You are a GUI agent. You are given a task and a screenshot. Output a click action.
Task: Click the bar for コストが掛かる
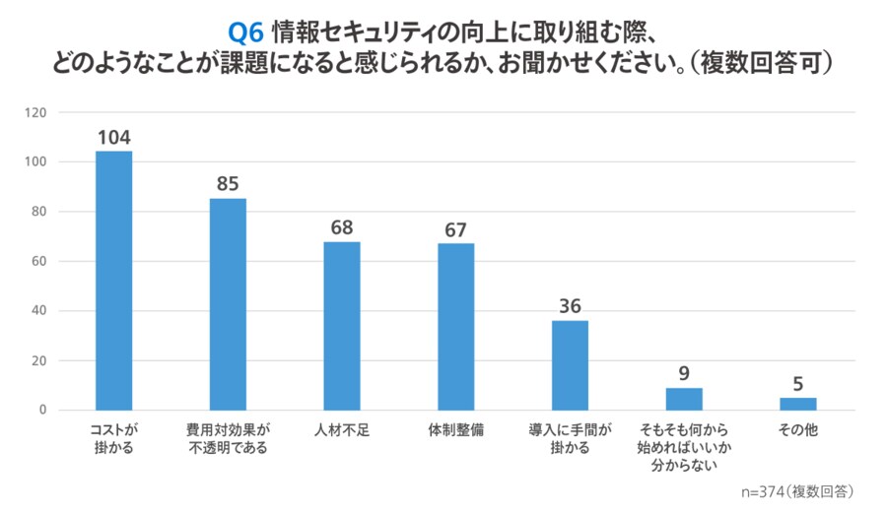coord(113,281)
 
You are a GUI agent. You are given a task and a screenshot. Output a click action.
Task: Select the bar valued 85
coord(228,304)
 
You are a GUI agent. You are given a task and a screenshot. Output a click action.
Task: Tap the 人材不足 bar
coord(342,326)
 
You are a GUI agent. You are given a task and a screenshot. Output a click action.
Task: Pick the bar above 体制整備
coord(456,327)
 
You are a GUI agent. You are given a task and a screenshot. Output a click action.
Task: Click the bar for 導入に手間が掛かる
coord(570,365)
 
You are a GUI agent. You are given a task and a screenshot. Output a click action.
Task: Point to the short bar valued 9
coord(684,399)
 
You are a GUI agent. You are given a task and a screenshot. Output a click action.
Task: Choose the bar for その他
coord(798,404)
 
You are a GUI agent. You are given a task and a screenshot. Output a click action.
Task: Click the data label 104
coord(113,137)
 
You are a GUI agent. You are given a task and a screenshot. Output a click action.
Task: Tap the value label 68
coord(342,227)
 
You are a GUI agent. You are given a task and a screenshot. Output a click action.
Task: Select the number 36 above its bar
coord(570,306)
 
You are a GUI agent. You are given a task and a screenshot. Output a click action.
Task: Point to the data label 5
coord(798,384)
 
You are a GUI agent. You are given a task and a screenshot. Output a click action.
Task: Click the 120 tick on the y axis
coord(37,112)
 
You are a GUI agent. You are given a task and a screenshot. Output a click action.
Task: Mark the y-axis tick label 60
coord(40,261)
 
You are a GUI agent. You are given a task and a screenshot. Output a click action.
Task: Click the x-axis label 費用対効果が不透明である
coord(228,439)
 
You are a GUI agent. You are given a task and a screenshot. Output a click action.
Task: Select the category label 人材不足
coord(342,430)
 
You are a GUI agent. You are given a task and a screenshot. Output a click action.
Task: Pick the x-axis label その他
coord(798,430)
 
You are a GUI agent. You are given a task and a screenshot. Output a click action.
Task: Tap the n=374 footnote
coord(796,490)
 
